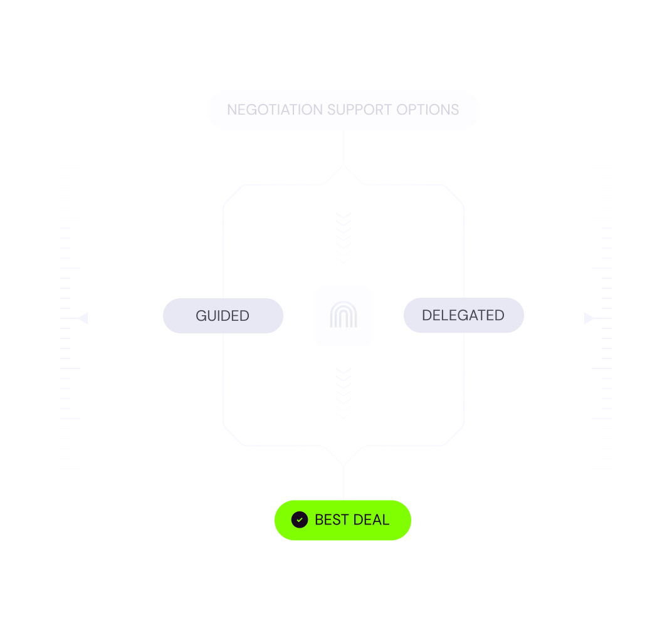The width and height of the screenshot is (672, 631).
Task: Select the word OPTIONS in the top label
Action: click(428, 110)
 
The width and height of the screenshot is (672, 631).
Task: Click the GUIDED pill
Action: click(223, 316)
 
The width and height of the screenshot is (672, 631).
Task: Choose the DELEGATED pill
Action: click(463, 315)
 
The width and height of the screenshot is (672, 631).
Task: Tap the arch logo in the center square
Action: click(344, 316)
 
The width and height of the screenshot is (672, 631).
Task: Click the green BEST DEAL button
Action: click(342, 520)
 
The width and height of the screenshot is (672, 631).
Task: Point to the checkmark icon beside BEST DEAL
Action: click(300, 520)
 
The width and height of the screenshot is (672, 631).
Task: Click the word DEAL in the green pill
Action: click(371, 520)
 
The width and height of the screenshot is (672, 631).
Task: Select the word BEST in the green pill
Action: click(332, 520)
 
